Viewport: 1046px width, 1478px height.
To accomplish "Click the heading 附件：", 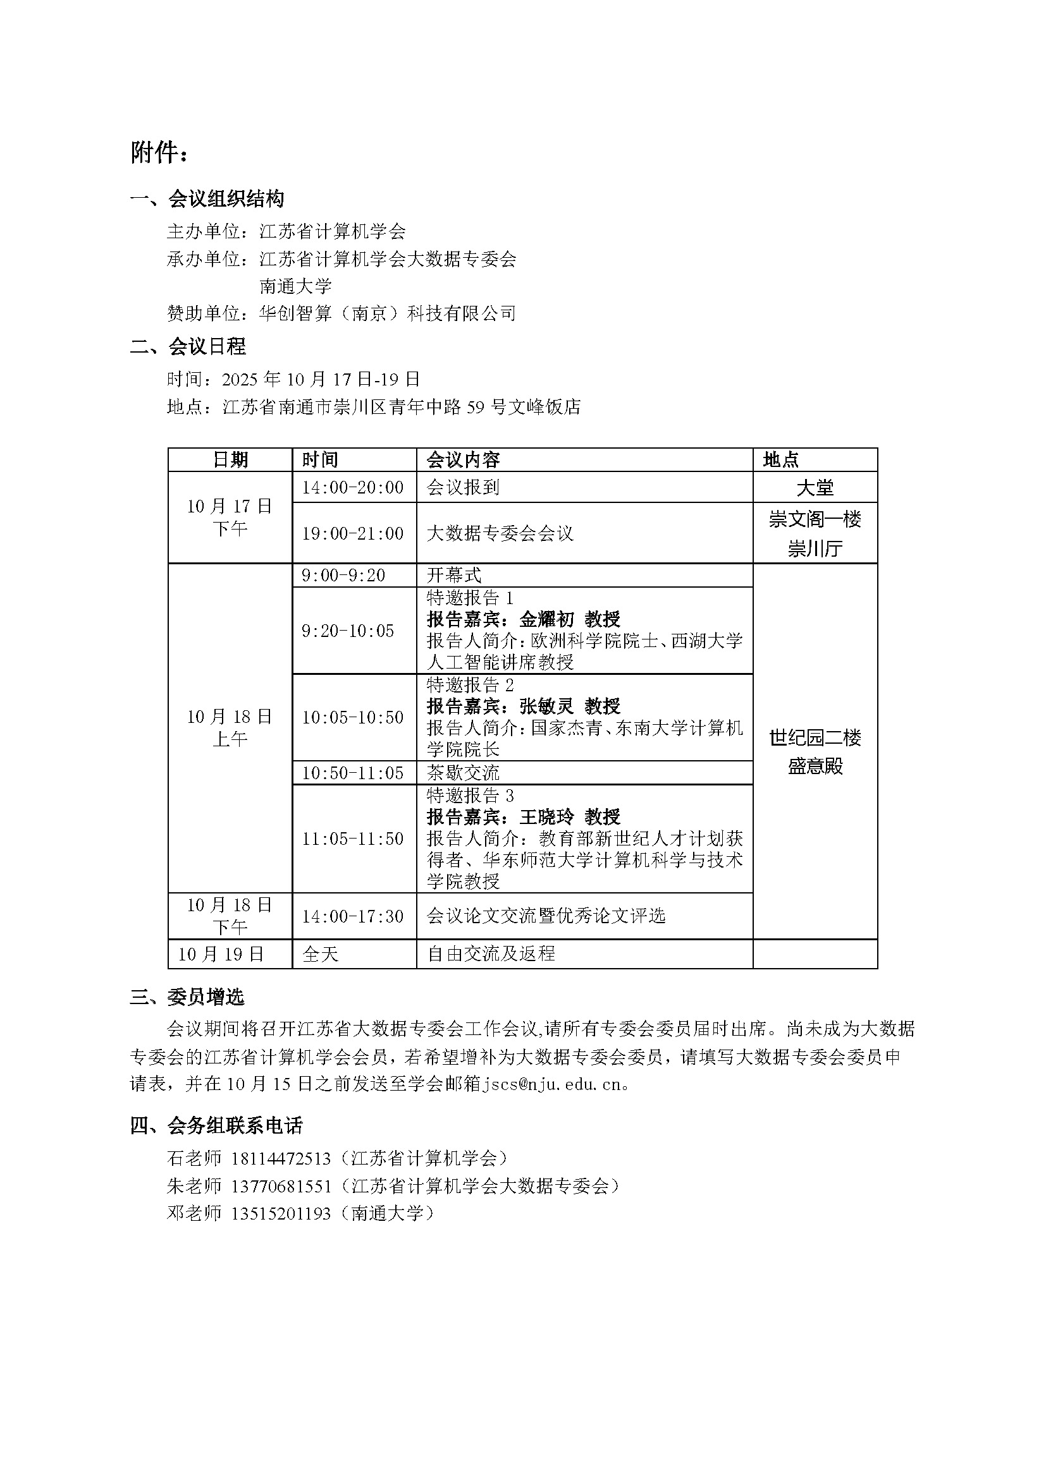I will coord(160,153).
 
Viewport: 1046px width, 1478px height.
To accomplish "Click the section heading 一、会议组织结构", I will coord(207,199).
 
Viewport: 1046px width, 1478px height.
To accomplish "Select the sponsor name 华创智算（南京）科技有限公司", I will coord(387,313).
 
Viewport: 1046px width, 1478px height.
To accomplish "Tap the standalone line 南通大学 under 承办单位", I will coord(295,286).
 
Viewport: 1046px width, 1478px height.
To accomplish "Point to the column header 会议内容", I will coord(462,459).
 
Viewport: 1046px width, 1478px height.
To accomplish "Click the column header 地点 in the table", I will coord(780,459).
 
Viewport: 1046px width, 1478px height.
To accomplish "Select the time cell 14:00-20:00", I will coord(353,487).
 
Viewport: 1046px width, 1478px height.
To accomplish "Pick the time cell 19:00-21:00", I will coord(353,534).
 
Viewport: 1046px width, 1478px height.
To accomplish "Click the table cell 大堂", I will coord(815,488).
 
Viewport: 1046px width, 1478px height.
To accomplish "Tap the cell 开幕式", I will coord(454,575).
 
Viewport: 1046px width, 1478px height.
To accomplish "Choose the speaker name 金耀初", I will coord(546,619).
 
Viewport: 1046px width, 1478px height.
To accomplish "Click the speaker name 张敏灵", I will coord(546,706).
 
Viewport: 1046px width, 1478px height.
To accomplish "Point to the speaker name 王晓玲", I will coord(546,817).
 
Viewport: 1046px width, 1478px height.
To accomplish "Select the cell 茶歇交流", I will coord(462,772).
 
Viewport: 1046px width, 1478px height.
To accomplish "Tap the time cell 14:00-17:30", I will coord(353,916).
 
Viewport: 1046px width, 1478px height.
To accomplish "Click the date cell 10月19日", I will coord(221,954).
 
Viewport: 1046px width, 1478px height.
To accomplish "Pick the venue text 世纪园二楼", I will coord(815,737).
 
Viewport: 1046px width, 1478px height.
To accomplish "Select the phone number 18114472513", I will coord(280,1159).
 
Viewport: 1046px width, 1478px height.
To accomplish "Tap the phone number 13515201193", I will coord(280,1214).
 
